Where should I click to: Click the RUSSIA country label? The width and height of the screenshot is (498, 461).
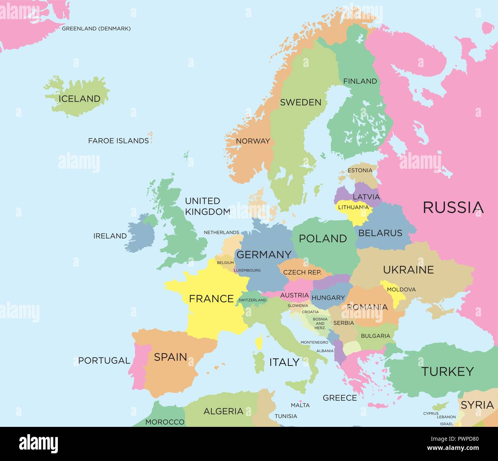tap(453, 207)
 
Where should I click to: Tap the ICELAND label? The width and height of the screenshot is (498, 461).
tap(79, 99)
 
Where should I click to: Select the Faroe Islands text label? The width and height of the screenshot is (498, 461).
tap(118, 141)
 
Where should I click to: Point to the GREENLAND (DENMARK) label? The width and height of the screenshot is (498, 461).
tap(96, 28)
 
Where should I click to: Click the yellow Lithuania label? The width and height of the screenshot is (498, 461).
tap(353, 207)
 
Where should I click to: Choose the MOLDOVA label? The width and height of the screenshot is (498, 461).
tap(401, 289)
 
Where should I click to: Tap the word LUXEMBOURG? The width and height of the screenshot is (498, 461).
tap(247, 270)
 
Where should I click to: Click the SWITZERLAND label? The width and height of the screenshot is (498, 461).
tap(252, 300)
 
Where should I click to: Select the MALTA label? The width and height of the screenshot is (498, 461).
tap(300, 405)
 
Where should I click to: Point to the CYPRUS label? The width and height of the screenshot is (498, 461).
tap(431, 413)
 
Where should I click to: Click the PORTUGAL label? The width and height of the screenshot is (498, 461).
tap(104, 361)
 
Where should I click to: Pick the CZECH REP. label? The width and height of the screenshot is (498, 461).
tap(302, 272)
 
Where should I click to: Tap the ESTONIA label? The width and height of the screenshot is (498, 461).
tap(360, 170)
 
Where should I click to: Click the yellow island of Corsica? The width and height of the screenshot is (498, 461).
tap(259, 342)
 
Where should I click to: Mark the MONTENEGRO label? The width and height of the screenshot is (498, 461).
tap(314, 342)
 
